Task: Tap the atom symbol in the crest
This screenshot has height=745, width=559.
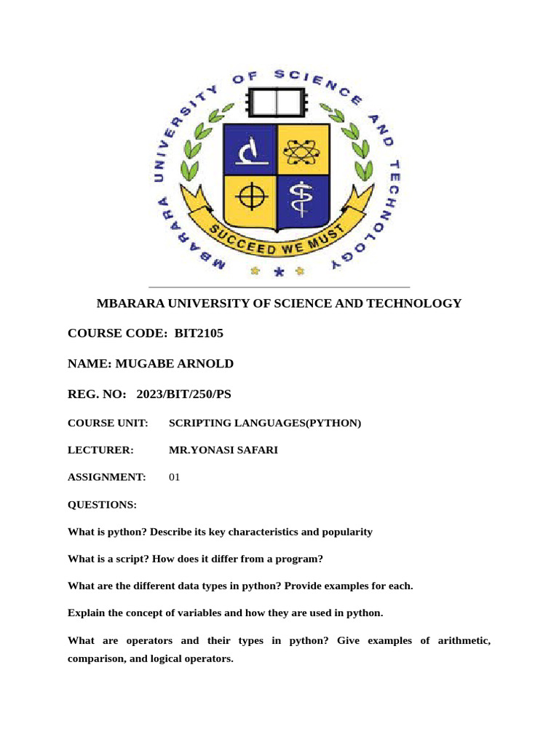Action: pyautogui.click(x=302, y=151)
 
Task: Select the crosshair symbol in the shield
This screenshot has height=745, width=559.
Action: pyautogui.click(x=250, y=198)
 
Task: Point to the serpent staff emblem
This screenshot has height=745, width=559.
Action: pyautogui.click(x=302, y=198)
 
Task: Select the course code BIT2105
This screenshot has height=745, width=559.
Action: pyautogui.click(x=199, y=333)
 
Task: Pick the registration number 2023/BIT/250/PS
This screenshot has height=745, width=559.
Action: pyautogui.click(x=183, y=394)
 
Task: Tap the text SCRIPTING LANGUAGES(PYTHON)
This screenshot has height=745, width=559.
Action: pyautogui.click(x=265, y=423)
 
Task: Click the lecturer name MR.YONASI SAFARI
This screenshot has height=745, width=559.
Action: pyautogui.click(x=223, y=450)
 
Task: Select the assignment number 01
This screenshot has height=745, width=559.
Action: pyautogui.click(x=174, y=477)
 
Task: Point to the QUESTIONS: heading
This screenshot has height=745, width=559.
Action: pyautogui.click(x=102, y=504)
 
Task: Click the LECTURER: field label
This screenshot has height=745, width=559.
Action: pyautogui.click(x=100, y=450)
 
